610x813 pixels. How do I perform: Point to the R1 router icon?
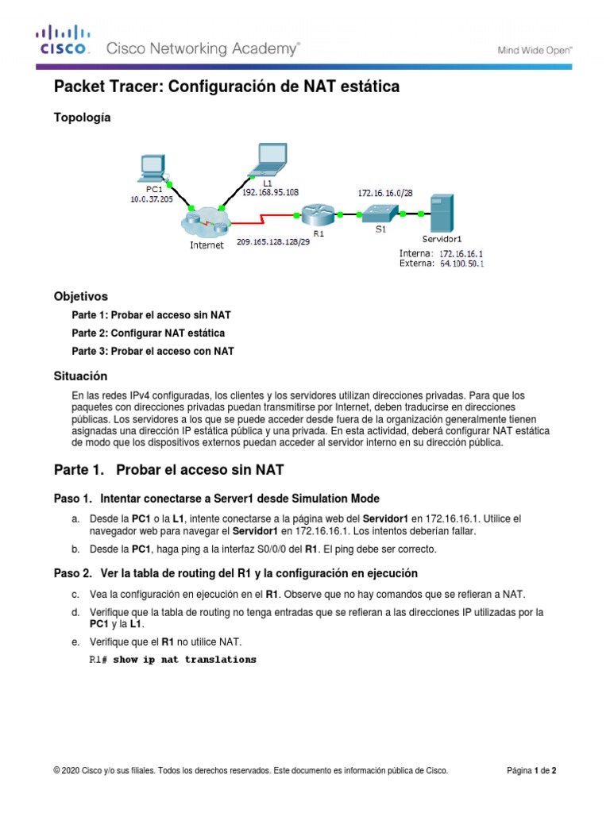tap(316, 215)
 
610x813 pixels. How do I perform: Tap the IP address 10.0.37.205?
tap(151, 199)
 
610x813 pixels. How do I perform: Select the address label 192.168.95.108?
tap(270, 192)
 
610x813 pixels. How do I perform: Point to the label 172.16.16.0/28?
tap(384, 192)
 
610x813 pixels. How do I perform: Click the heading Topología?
tap(83, 118)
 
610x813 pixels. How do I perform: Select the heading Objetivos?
tap(80, 296)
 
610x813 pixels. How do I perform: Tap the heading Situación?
tap(80, 376)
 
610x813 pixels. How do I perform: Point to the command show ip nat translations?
tap(184, 660)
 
